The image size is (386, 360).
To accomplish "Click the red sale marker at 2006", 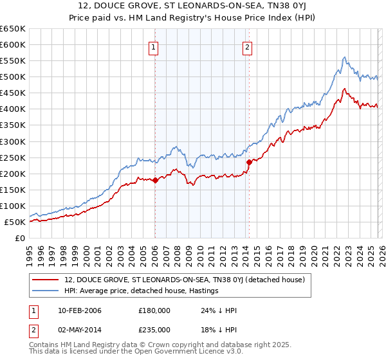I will click(x=155, y=181).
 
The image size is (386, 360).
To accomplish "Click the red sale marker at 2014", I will click(x=248, y=162).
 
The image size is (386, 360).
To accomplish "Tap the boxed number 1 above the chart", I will click(x=155, y=46).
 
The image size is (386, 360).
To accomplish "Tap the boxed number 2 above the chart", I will click(x=248, y=46).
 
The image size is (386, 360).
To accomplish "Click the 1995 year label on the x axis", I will click(x=30, y=253).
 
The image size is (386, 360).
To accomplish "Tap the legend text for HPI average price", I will click(x=142, y=291).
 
